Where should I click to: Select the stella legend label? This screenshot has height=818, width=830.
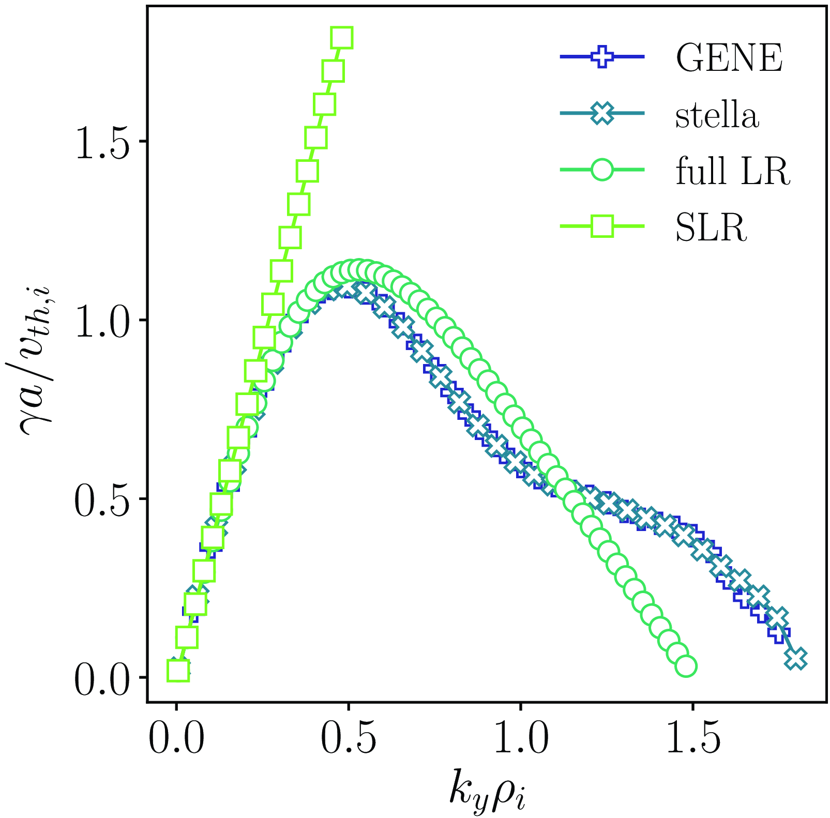coord(717,114)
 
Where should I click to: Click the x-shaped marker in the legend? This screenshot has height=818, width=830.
coord(602,113)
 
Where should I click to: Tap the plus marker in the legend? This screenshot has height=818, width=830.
coord(602,57)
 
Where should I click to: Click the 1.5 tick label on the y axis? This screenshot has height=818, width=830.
coord(103,142)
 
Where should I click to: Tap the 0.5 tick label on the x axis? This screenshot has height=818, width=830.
coord(349,740)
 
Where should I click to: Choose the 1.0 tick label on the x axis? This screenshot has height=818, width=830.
coord(521,740)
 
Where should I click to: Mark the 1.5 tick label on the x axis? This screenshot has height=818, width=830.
coord(693,740)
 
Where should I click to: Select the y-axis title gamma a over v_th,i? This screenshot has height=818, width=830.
coord(36,352)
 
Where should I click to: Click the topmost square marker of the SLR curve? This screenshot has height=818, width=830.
coord(342,38)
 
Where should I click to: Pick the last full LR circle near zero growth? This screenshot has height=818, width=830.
coord(686,666)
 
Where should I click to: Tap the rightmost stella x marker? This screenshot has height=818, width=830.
coord(796,658)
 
